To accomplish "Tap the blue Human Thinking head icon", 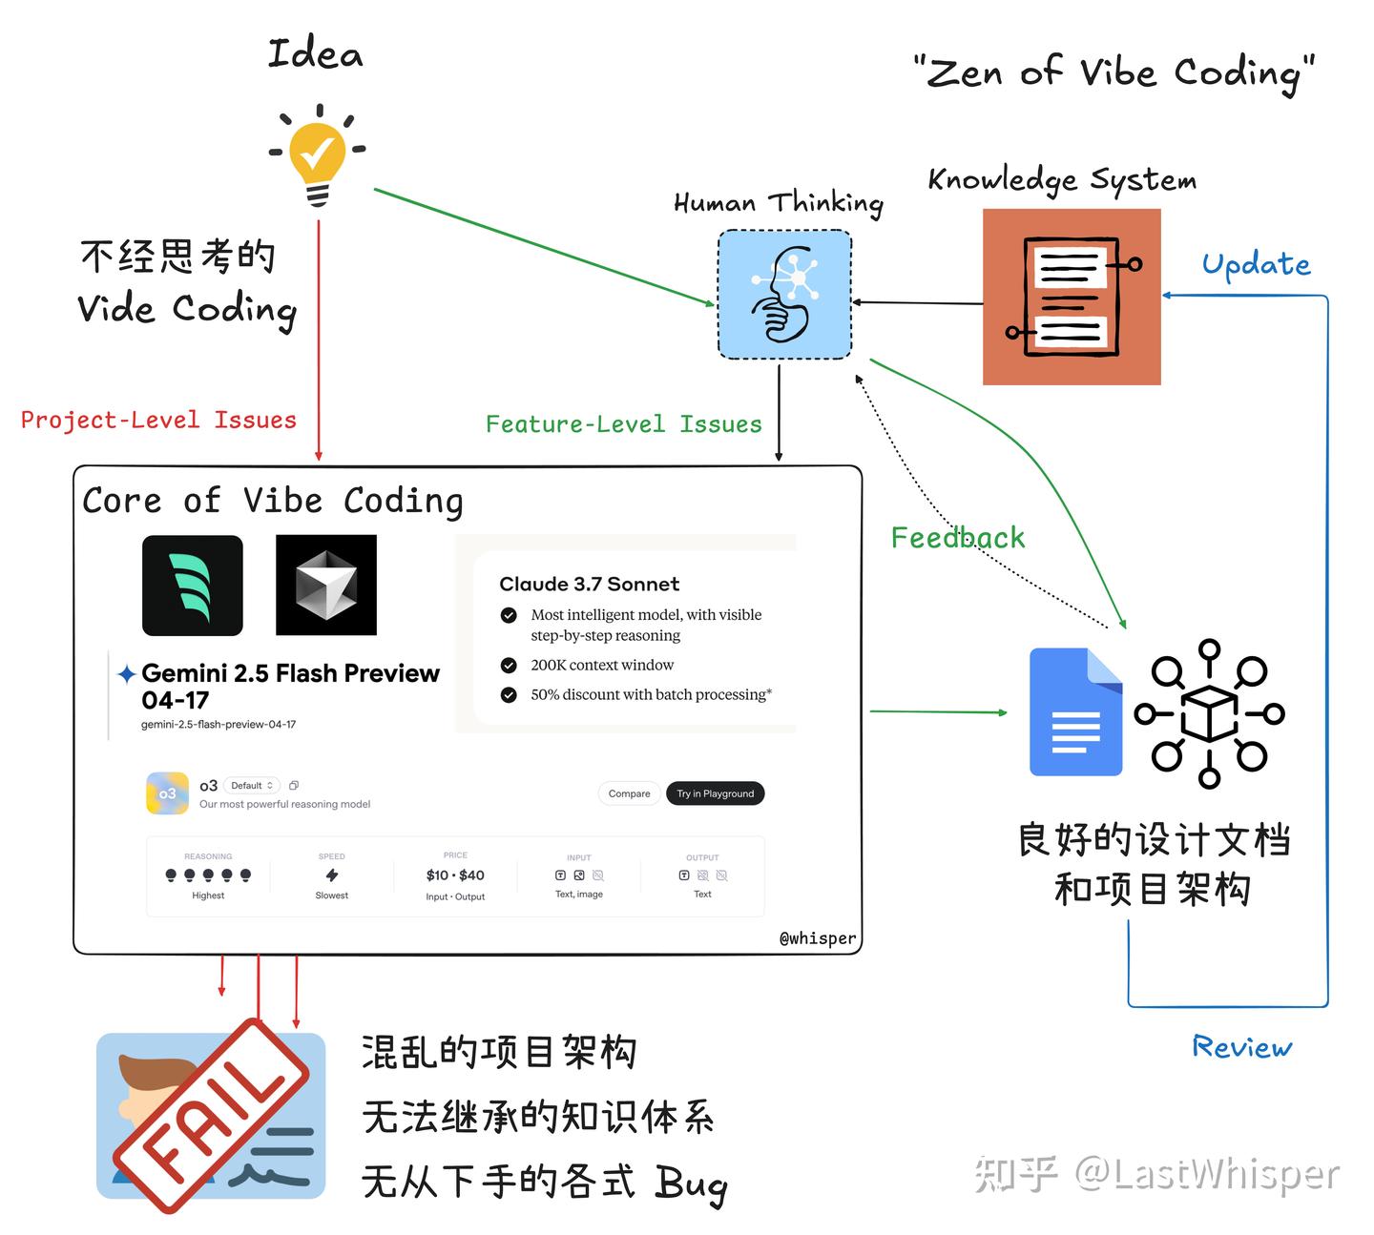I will pyautogui.click(x=784, y=295).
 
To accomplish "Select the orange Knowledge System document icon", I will pyautogui.click(x=1072, y=297).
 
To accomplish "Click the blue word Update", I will pyautogui.click(x=1256, y=264).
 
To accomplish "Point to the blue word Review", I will pyautogui.click(x=1242, y=1047).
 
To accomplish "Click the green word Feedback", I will pyautogui.click(x=957, y=538).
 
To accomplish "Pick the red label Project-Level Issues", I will pyautogui.click(x=158, y=420).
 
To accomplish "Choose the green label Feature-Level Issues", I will pyautogui.click(x=623, y=424).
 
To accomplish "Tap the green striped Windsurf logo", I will pyautogui.click(x=193, y=586).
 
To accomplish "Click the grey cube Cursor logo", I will pyautogui.click(x=326, y=585).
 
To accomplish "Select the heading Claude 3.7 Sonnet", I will pyautogui.click(x=589, y=584).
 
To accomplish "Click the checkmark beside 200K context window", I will pyautogui.click(x=509, y=665).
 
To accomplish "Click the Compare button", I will pyautogui.click(x=629, y=793).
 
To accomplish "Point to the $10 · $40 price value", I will pyautogui.click(x=455, y=875).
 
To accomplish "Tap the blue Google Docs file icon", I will pyautogui.click(x=1075, y=711).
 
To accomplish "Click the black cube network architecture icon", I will pyautogui.click(x=1209, y=713).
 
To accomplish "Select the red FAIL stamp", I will pyautogui.click(x=212, y=1115).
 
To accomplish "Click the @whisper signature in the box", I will pyautogui.click(x=818, y=938).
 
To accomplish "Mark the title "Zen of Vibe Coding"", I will pyautogui.click(x=1114, y=72).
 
